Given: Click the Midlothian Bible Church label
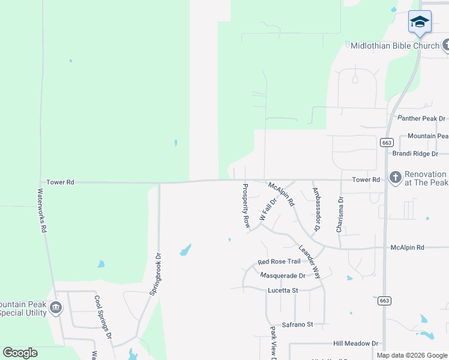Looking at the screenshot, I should [x=394, y=46].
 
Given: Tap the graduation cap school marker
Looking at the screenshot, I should [x=420, y=22].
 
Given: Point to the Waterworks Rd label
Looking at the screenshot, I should [x=41, y=211].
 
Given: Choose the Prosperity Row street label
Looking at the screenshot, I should [x=246, y=205].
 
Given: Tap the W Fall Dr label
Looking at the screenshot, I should [x=267, y=210].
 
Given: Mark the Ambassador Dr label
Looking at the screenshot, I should [x=316, y=209].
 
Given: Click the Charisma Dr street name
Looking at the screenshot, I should [x=340, y=215].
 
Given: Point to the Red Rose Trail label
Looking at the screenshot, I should [x=279, y=262].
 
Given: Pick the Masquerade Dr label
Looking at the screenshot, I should [x=283, y=275].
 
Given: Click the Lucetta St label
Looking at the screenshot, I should [x=283, y=290].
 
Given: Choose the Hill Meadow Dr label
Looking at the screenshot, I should [x=356, y=344].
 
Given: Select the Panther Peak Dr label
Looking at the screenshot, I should [x=418, y=119].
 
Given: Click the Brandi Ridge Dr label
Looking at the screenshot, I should [x=415, y=154].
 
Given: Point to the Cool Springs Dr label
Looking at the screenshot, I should [x=103, y=317].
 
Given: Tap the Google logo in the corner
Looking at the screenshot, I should [x=20, y=353].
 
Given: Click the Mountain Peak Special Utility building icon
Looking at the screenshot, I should [x=56, y=308].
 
